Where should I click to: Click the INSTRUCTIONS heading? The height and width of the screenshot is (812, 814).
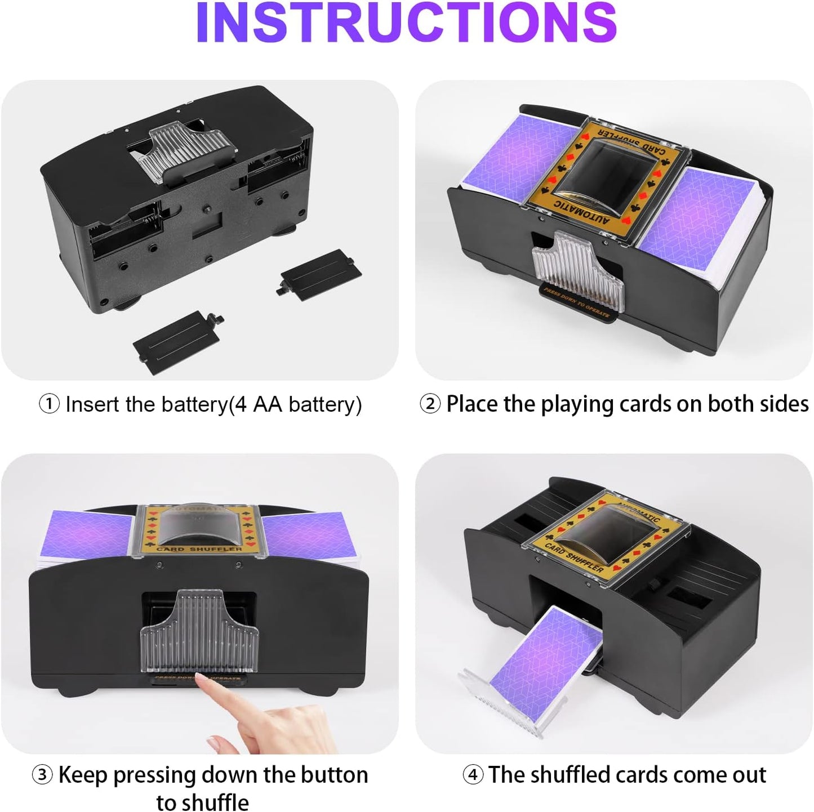click(407, 24)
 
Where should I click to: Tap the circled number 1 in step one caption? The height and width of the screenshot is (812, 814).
click(49, 404)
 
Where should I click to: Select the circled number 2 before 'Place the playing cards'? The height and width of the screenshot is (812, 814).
click(430, 404)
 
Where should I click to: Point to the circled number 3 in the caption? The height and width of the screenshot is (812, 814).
click(42, 775)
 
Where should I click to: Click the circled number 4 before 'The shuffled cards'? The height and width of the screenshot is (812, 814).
click(473, 775)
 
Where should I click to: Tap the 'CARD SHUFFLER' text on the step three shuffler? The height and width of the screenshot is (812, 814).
click(199, 548)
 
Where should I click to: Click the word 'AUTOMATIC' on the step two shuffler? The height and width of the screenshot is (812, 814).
click(581, 213)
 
